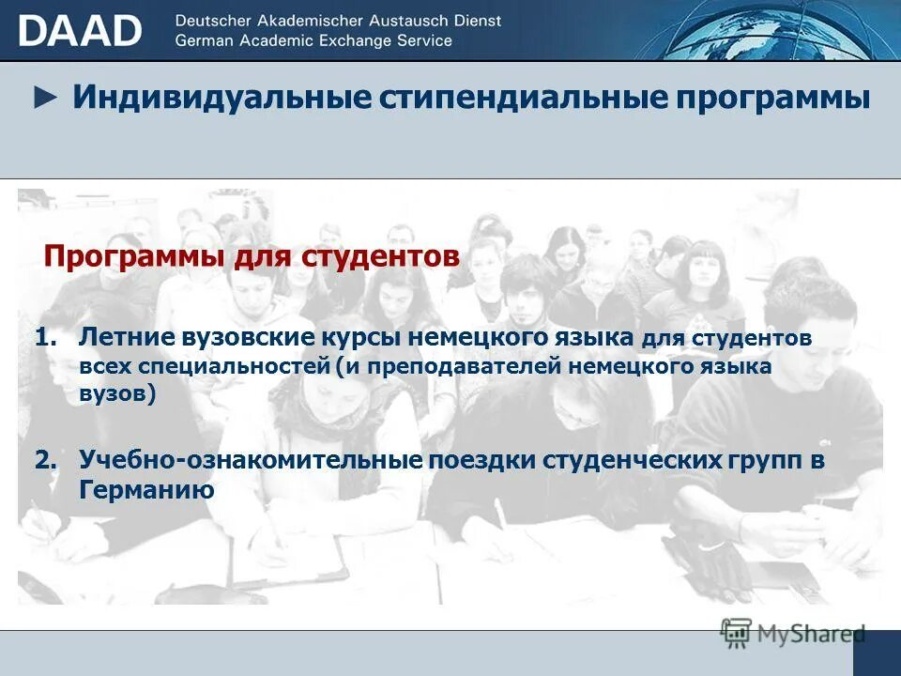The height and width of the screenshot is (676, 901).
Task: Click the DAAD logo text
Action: point(80,30)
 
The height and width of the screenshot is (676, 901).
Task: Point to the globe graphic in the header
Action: point(751,30)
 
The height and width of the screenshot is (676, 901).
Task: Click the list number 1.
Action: point(46,337)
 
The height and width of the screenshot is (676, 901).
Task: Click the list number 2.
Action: point(46,461)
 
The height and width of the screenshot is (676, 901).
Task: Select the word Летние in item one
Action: point(118,337)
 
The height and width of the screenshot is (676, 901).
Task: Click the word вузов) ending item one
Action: point(117,394)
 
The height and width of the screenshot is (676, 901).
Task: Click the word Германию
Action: point(147,490)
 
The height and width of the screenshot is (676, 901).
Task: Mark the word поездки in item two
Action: point(478,461)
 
